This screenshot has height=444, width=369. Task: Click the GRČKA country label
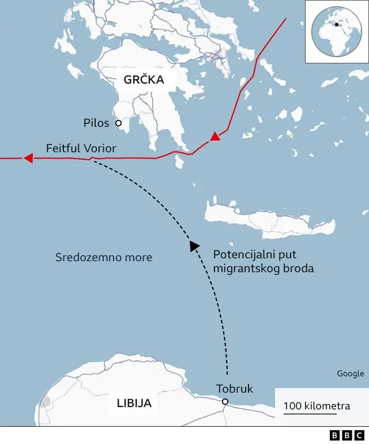tap(144, 80)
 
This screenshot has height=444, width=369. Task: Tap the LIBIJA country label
tap(133, 403)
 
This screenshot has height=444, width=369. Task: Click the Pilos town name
tap(96, 123)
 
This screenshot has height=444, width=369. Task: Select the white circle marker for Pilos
tap(118, 123)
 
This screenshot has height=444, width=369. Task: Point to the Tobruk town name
tap(235, 389)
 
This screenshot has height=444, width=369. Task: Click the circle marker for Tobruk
tap(225, 402)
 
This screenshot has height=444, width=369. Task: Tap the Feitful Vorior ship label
tap(81, 149)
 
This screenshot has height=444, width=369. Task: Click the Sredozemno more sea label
tap(104, 257)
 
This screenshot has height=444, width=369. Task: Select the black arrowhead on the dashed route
tap(194, 246)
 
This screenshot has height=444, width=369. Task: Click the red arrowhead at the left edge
tap(27, 158)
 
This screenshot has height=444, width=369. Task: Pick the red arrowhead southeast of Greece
tap(214, 137)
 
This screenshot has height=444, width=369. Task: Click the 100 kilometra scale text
tap(317, 406)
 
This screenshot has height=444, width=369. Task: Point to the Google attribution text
tap(351, 374)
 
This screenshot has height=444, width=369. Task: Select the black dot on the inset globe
tap(336, 24)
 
